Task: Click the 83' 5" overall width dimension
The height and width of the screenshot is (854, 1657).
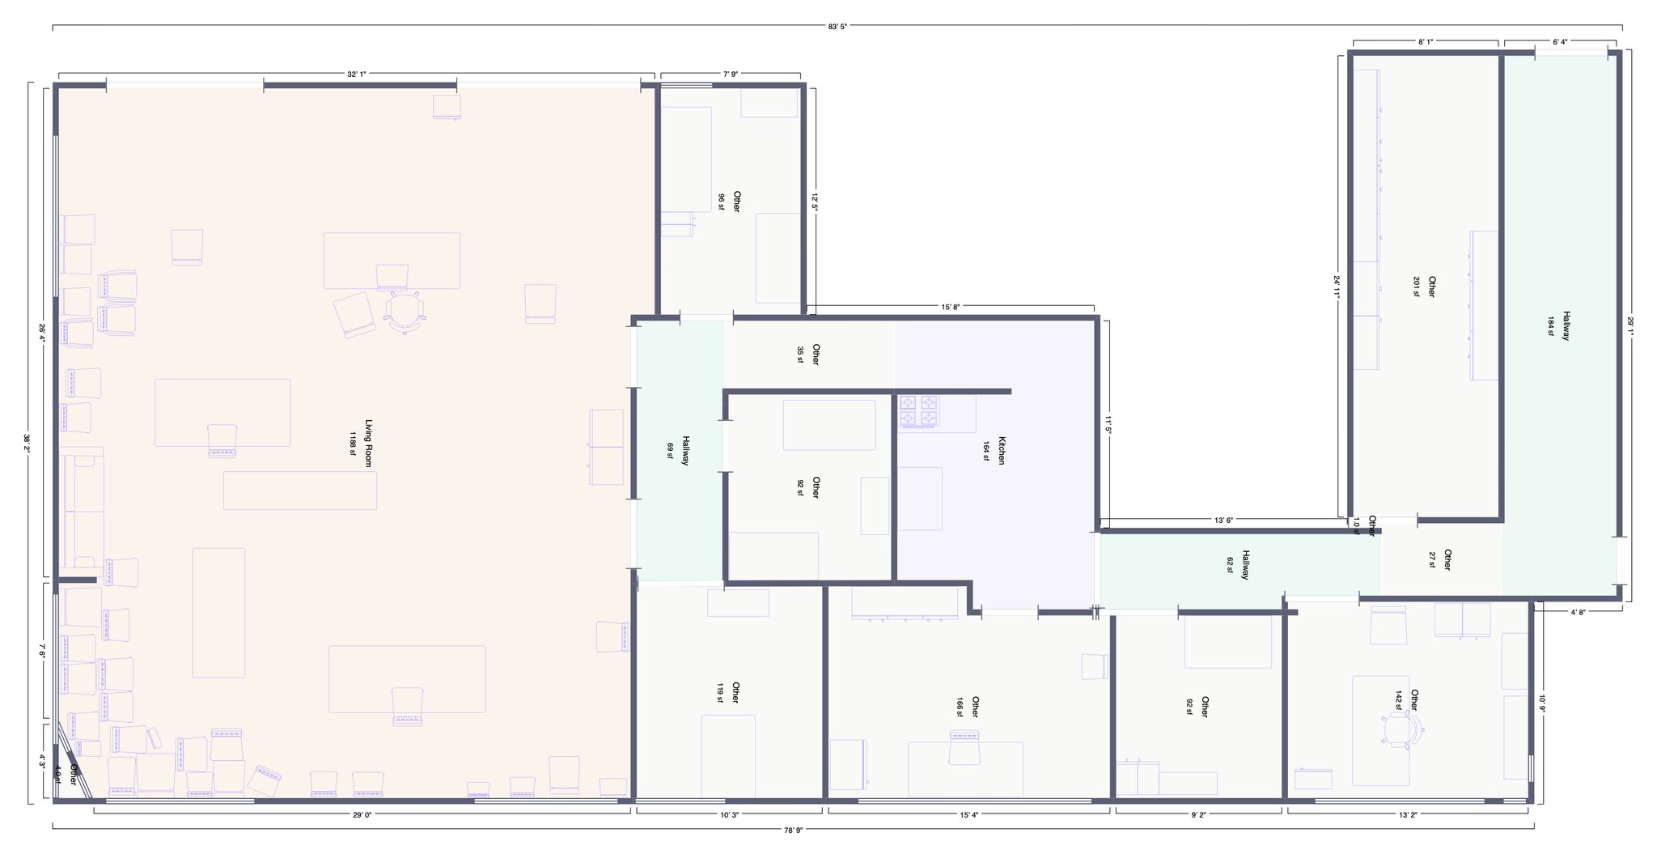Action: (837, 26)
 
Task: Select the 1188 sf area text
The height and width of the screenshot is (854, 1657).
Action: (353, 443)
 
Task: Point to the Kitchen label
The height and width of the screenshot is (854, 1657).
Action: (1002, 451)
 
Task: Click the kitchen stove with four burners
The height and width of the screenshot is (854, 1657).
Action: (918, 410)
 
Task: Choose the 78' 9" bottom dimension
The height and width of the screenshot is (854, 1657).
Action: (793, 829)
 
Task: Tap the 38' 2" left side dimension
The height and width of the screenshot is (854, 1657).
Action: (27, 443)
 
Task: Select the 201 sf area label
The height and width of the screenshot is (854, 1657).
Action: (1417, 287)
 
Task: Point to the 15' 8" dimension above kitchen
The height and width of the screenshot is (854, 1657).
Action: (950, 307)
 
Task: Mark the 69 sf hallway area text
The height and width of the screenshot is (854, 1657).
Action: (670, 451)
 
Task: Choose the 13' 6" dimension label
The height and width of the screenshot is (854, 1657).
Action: (1223, 520)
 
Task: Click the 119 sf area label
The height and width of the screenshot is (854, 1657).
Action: (719, 693)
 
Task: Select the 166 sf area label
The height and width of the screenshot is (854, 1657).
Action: (960, 707)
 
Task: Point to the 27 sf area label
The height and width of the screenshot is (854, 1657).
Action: (1432, 560)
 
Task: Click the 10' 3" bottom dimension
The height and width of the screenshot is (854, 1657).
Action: (730, 815)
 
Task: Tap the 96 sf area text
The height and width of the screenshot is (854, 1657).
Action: (721, 202)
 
